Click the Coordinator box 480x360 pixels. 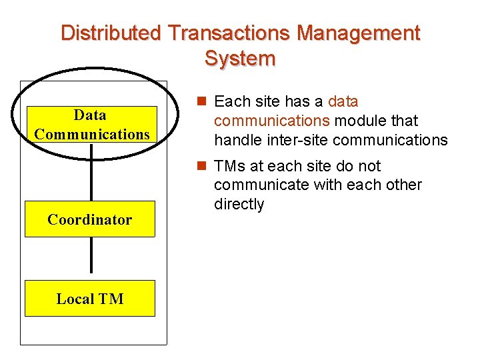click(90, 219)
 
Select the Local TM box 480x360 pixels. click(90, 299)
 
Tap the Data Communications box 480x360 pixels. click(92, 125)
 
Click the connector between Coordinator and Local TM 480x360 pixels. click(91, 259)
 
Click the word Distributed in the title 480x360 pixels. click(111, 33)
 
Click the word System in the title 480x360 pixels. click(240, 59)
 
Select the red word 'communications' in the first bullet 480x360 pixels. click(272, 121)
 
